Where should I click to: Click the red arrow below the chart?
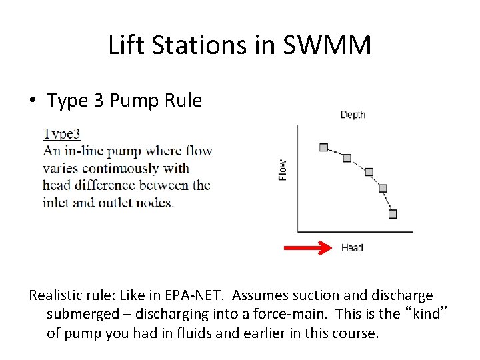(x=308, y=248)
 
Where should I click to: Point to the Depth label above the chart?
(x=353, y=115)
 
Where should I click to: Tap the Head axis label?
(x=352, y=248)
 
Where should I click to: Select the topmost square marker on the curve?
(x=323, y=147)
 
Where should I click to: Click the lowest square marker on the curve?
(x=393, y=214)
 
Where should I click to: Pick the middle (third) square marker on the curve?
(x=369, y=172)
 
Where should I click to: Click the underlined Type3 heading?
(x=61, y=134)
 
